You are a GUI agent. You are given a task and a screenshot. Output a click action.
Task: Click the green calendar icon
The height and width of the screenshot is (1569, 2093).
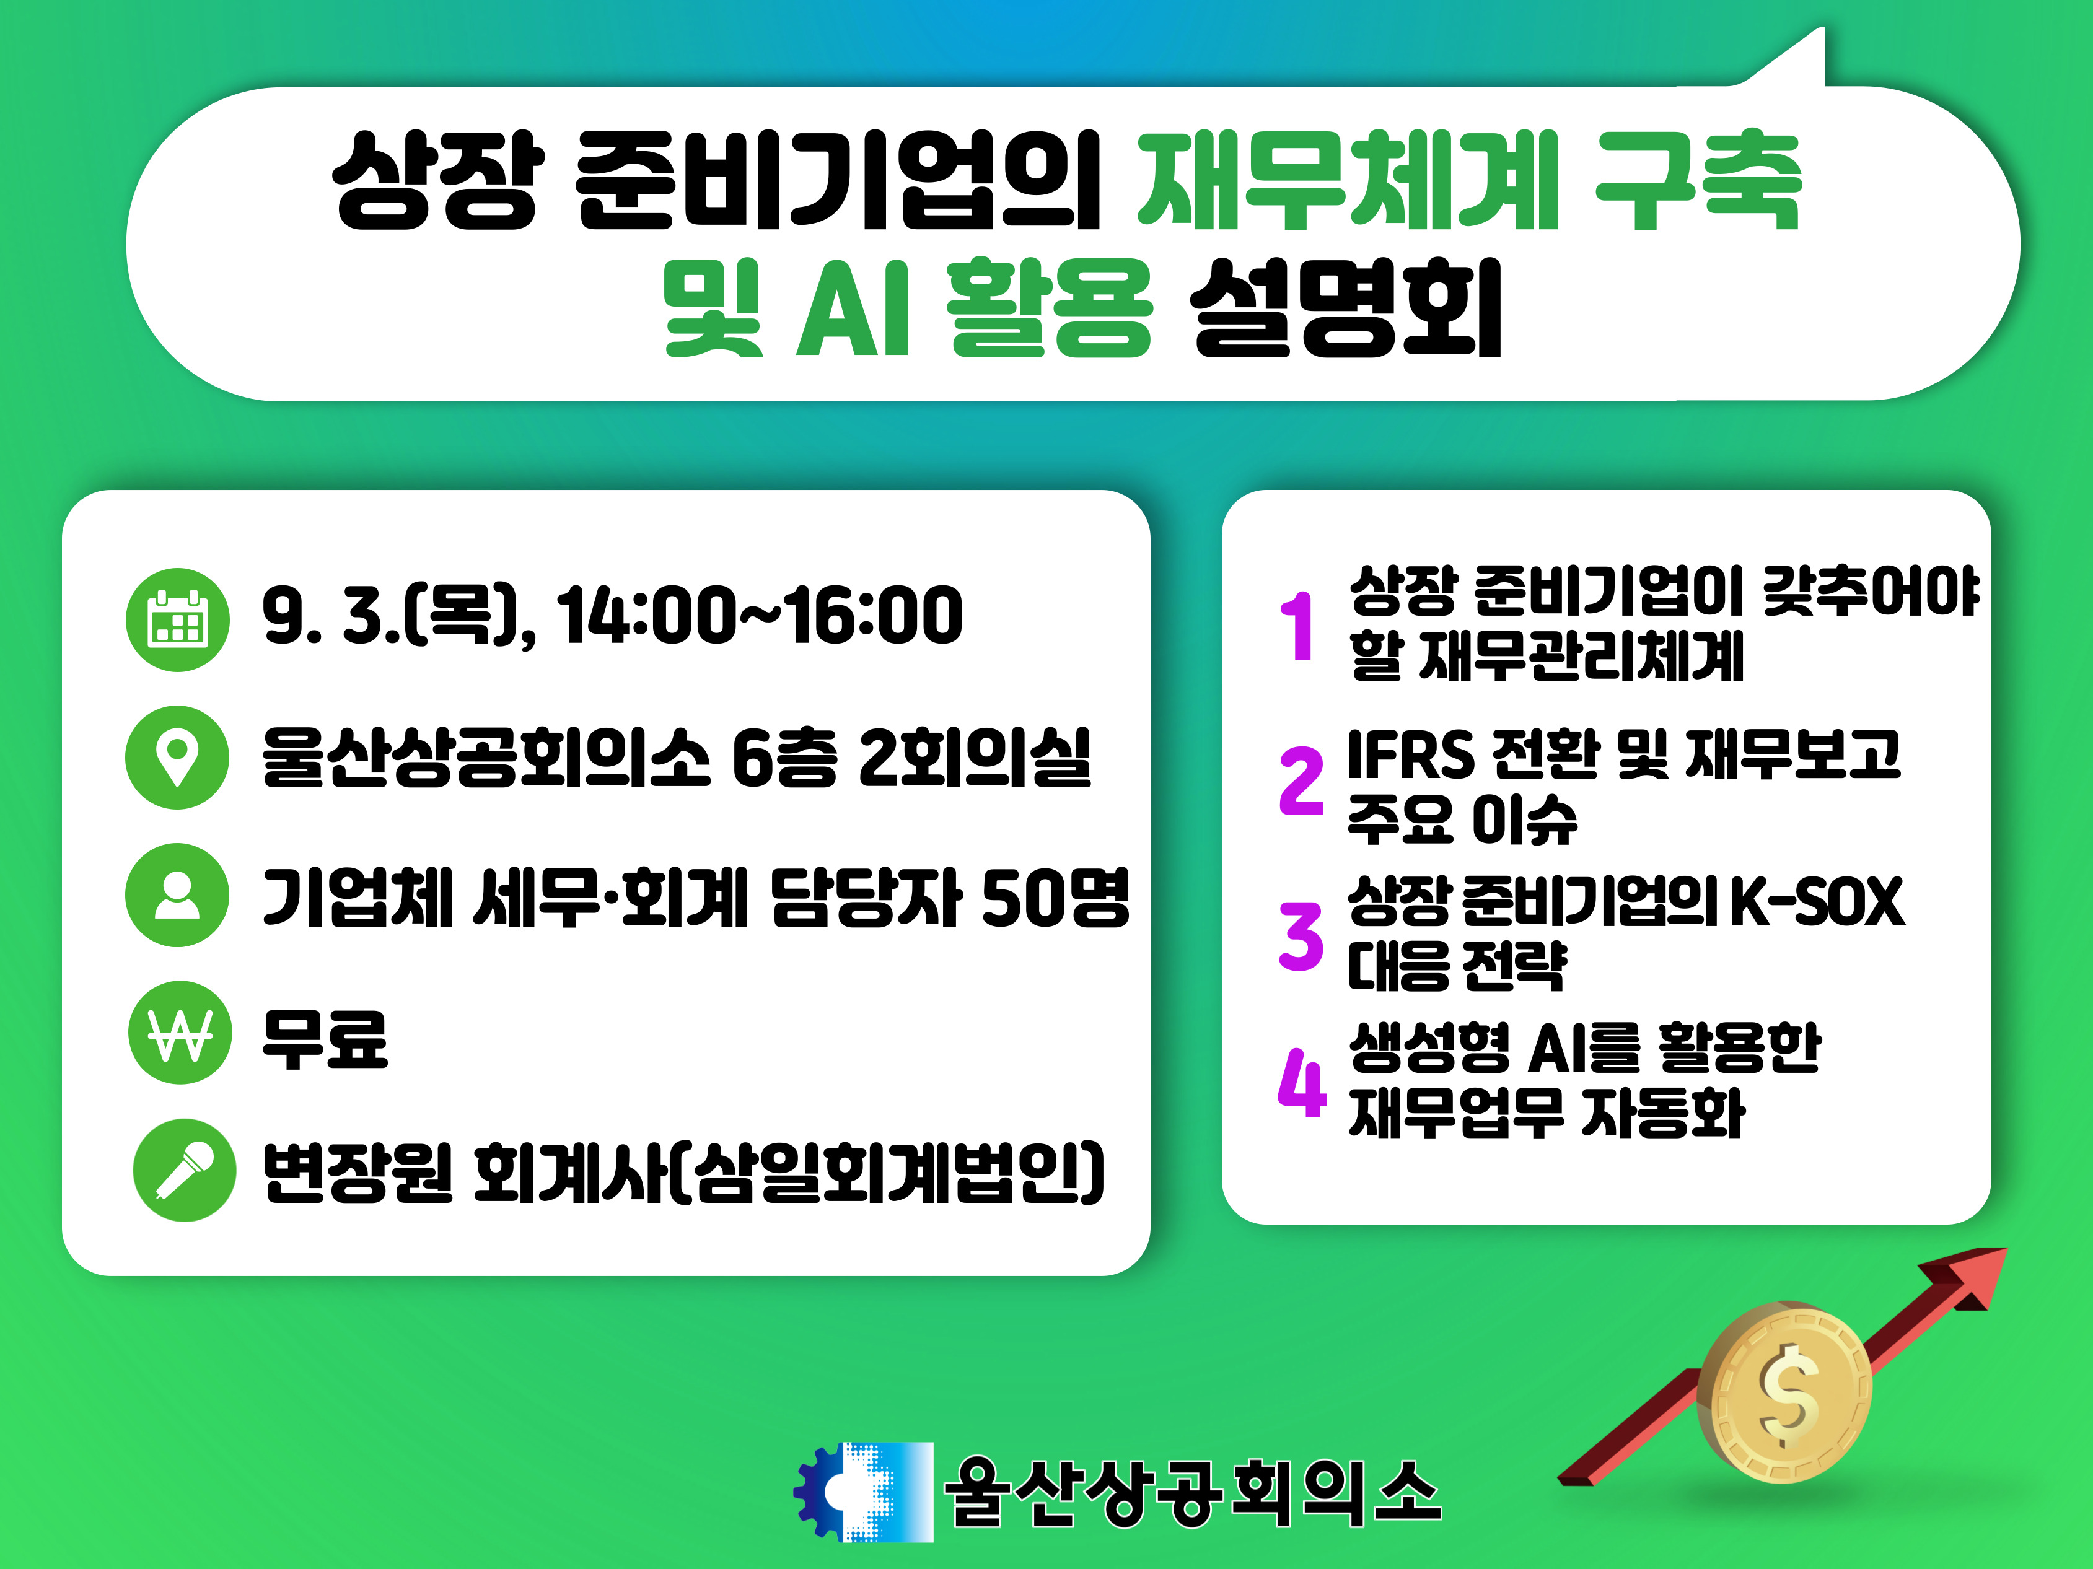(x=178, y=621)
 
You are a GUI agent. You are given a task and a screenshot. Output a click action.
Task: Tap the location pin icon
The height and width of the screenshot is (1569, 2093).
(x=177, y=758)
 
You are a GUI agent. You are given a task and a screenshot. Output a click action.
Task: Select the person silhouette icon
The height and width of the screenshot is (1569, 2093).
(x=177, y=894)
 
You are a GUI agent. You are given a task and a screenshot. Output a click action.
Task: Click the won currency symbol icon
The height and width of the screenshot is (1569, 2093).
(x=180, y=1033)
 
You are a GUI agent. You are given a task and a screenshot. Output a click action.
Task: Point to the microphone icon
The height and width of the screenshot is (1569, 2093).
(x=185, y=1170)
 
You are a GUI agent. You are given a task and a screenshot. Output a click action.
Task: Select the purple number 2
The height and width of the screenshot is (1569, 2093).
(x=1301, y=780)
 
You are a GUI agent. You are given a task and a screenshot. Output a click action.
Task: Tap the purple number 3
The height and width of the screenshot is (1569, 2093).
(x=1301, y=937)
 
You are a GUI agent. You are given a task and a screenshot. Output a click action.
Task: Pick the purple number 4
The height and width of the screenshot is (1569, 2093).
(x=1302, y=1082)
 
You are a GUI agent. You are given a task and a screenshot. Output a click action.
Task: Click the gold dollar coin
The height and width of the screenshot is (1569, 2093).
(x=1784, y=1391)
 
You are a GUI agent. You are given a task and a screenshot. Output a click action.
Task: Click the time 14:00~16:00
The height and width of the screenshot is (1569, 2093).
(x=760, y=616)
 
